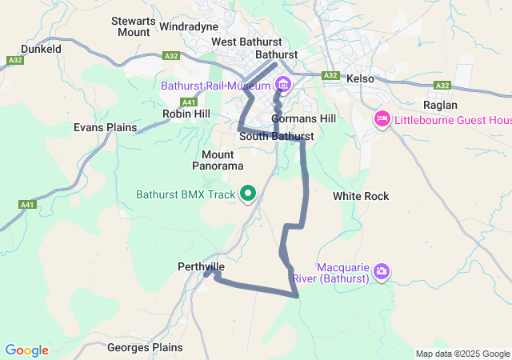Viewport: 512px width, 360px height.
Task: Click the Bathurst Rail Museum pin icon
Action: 282,85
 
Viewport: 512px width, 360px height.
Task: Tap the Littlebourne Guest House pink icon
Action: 382,120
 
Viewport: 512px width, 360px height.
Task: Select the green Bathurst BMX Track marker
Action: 248,194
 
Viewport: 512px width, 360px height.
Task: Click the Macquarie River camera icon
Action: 381,272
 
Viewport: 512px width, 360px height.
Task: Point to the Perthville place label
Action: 201,266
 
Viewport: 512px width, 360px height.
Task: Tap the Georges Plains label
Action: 145,348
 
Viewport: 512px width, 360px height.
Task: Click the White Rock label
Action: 361,196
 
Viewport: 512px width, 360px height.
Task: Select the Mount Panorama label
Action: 217,160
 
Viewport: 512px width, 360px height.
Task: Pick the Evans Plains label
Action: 105,127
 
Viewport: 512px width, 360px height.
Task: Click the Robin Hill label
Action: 186,114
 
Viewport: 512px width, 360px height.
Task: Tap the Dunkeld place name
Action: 41,49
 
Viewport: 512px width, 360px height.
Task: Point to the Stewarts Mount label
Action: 133,26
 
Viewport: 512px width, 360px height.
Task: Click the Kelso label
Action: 360,79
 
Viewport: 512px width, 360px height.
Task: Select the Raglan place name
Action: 440,105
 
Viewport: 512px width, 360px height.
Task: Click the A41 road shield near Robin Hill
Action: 189,102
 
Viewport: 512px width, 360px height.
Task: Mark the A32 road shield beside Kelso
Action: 331,75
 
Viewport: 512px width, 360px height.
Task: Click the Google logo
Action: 26,350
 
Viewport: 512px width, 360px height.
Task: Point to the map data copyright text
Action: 462,354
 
